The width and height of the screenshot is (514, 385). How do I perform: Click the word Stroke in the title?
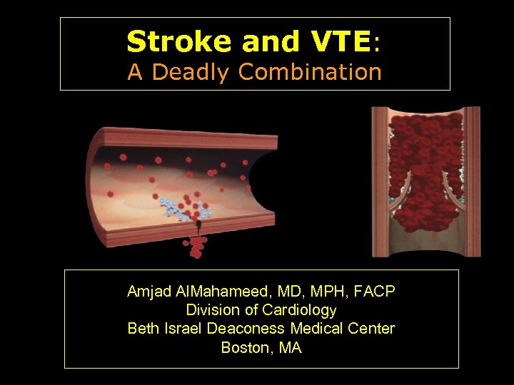click(180, 42)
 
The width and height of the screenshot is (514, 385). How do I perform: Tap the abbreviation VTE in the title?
click(342, 42)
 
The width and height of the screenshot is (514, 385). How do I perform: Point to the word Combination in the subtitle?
click(311, 72)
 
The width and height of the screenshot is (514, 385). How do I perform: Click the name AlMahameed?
click(212, 292)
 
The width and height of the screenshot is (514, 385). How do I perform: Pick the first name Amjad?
click(146, 292)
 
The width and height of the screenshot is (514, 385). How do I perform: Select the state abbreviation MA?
click(291, 348)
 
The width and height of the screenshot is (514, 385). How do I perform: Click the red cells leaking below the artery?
click(195, 247)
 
